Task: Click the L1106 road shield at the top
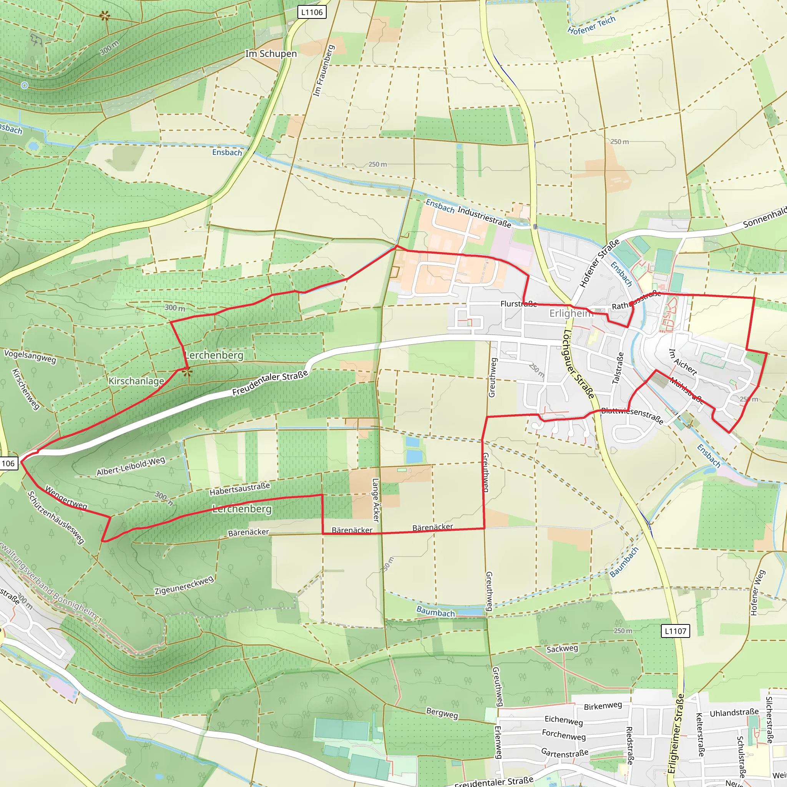[312, 12]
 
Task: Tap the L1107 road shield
[676, 631]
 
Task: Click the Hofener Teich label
[591, 25]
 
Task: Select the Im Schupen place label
[271, 54]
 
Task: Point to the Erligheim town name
[571, 313]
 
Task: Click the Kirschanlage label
[136, 381]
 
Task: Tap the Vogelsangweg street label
[30, 355]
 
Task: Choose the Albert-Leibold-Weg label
[131, 466]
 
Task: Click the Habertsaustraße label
[239, 489]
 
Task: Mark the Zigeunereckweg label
[184, 585]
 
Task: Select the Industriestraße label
[484, 217]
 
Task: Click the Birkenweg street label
[603, 706]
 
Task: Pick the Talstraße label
[618, 368]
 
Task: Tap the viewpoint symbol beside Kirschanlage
[186, 371]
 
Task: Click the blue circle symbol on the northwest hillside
[25, 85]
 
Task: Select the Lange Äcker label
[375, 500]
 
